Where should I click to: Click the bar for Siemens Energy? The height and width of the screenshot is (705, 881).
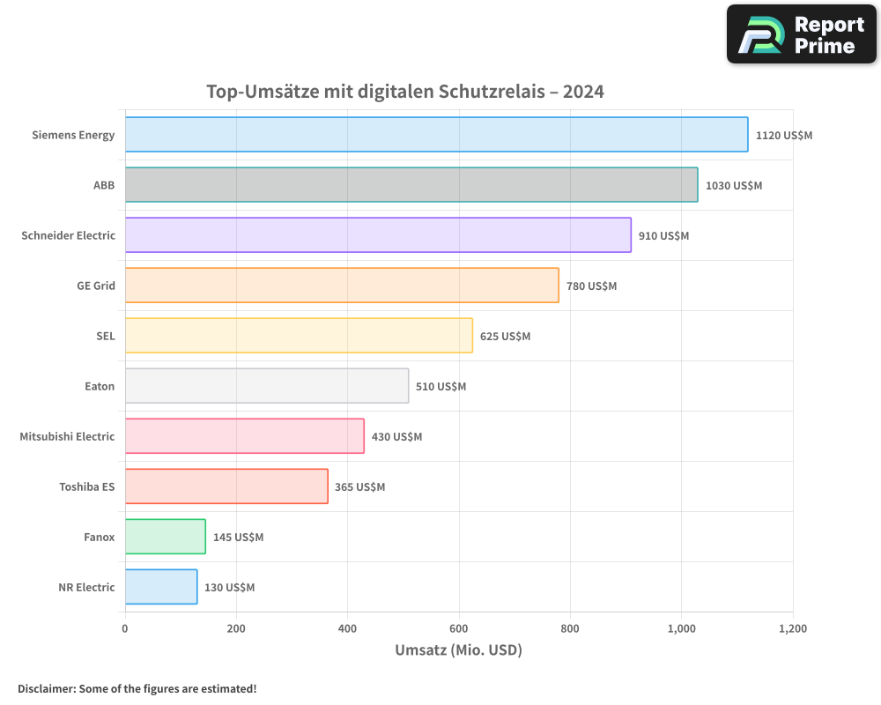pyautogui.click(x=436, y=135)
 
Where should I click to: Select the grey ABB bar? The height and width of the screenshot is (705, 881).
pyautogui.click(x=411, y=185)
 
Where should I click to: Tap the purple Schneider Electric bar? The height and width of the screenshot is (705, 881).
pyautogui.click(x=378, y=235)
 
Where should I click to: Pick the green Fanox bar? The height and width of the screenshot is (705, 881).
pyautogui.click(x=166, y=537)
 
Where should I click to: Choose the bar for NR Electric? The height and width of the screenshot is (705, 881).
pyautogui.click(x=161, y=587)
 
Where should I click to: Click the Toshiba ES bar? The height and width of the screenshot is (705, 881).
pyautogui.click(x=226, y=486)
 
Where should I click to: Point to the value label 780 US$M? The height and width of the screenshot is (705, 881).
pyautogui.click(x=592, y=286)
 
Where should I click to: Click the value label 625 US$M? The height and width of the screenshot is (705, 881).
pyautogui.click(x=506, y=337)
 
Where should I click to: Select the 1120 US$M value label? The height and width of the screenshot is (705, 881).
pyautogui.click(x=784, y=136)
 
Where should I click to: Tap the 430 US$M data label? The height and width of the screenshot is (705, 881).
pyautogui.click(x=396, y=437)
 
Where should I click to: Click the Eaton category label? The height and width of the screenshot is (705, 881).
pyautogui.click(x=100, y=386)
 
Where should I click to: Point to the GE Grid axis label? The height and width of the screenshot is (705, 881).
pyautogui.click(x=96, y=286)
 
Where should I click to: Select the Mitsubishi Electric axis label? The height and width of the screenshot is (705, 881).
pyautogui.click(x=67, y=436)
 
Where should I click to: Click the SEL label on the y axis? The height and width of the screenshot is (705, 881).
pyautogui.click(x=106, y=336)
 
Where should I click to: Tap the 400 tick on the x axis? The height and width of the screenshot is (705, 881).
pyautogui.click(x=347, y=629)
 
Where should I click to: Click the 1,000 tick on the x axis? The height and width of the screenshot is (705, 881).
pyautogui.click(x=681, y=629)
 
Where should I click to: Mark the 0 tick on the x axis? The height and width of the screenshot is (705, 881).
pyautogui.click(x=125, y=629)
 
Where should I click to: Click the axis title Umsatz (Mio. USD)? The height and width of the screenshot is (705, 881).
pyautogui.click(x=458, y=651)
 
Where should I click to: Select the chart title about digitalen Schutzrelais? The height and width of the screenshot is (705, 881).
pyautogui.click(x=405, y=92)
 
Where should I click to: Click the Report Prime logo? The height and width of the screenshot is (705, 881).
pyautogui.click(x=802, y=34)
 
